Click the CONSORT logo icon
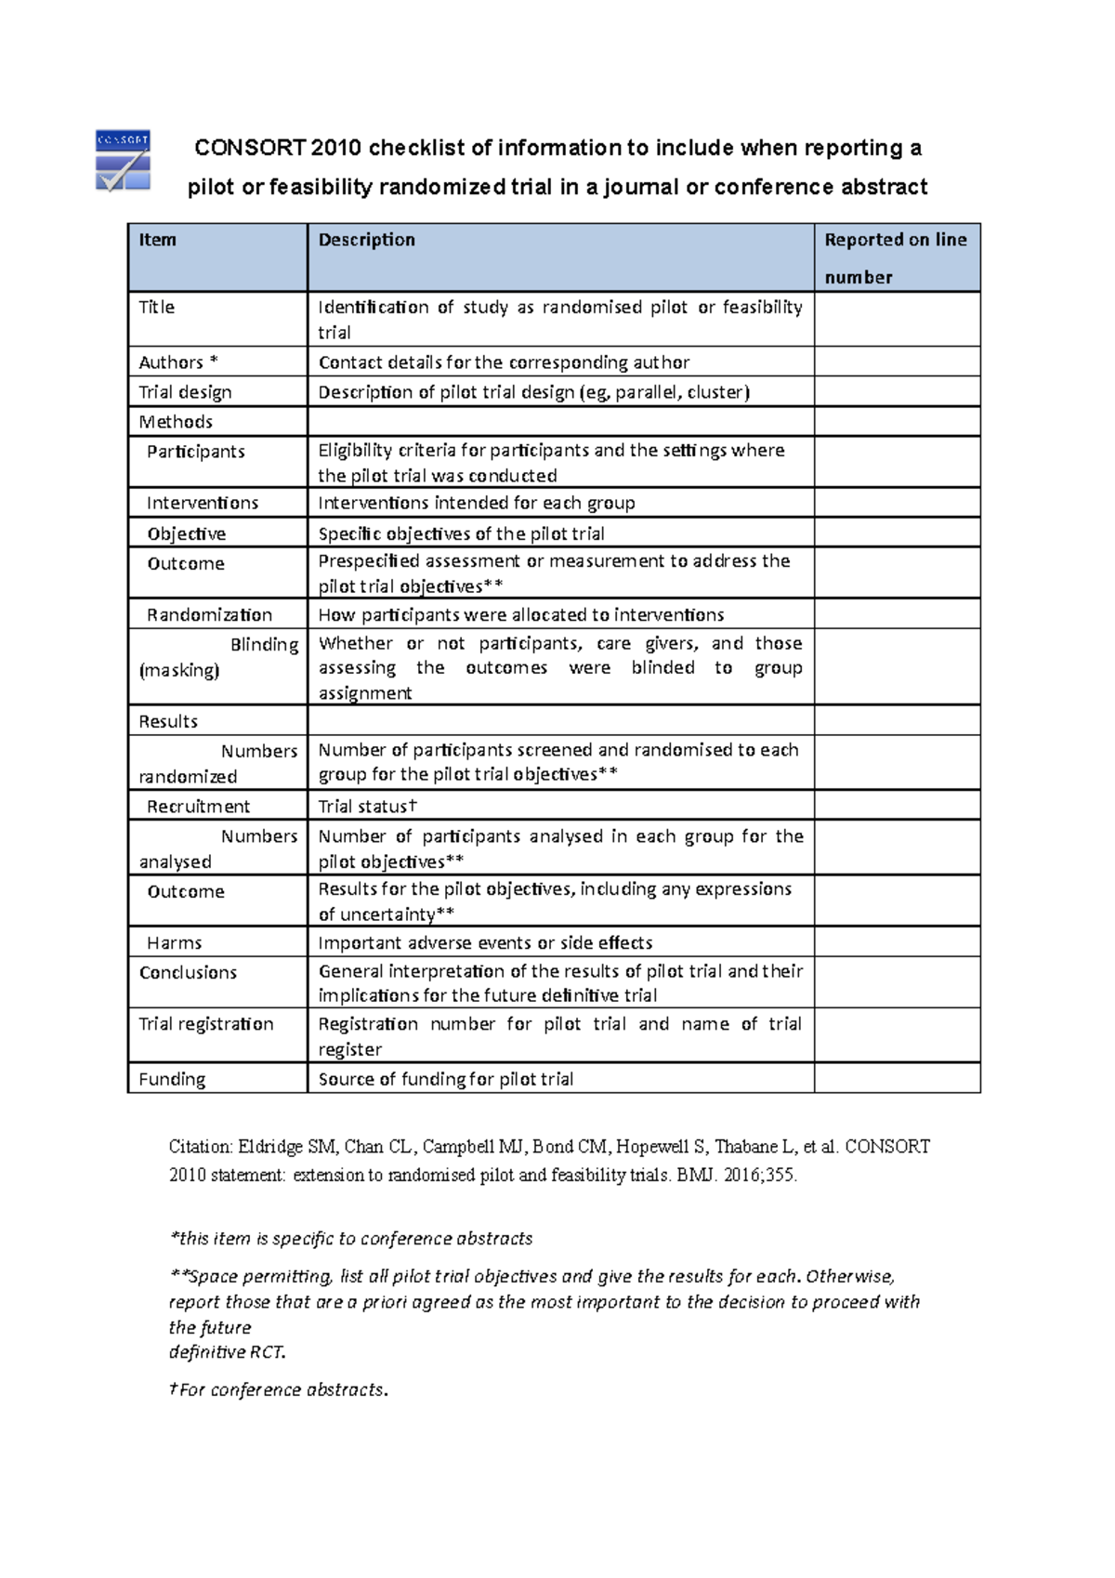(123, 161)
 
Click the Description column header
(366, 240)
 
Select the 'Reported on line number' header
(895, 257)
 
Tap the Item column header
(157, 240)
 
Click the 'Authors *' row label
(177, 362)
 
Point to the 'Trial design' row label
(185, 392)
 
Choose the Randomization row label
(209, 615)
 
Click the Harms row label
(174, 943)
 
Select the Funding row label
(172, 1080)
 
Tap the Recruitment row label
(198, 807)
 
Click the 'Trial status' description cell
(368, 807)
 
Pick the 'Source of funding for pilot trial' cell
(445, 1080)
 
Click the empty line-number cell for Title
(897, 320)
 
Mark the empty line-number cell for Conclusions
(897, 983)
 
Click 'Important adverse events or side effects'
(485, 943)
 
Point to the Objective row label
(186, 534)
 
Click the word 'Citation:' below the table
(200, 1147)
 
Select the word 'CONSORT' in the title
(249, 149)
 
